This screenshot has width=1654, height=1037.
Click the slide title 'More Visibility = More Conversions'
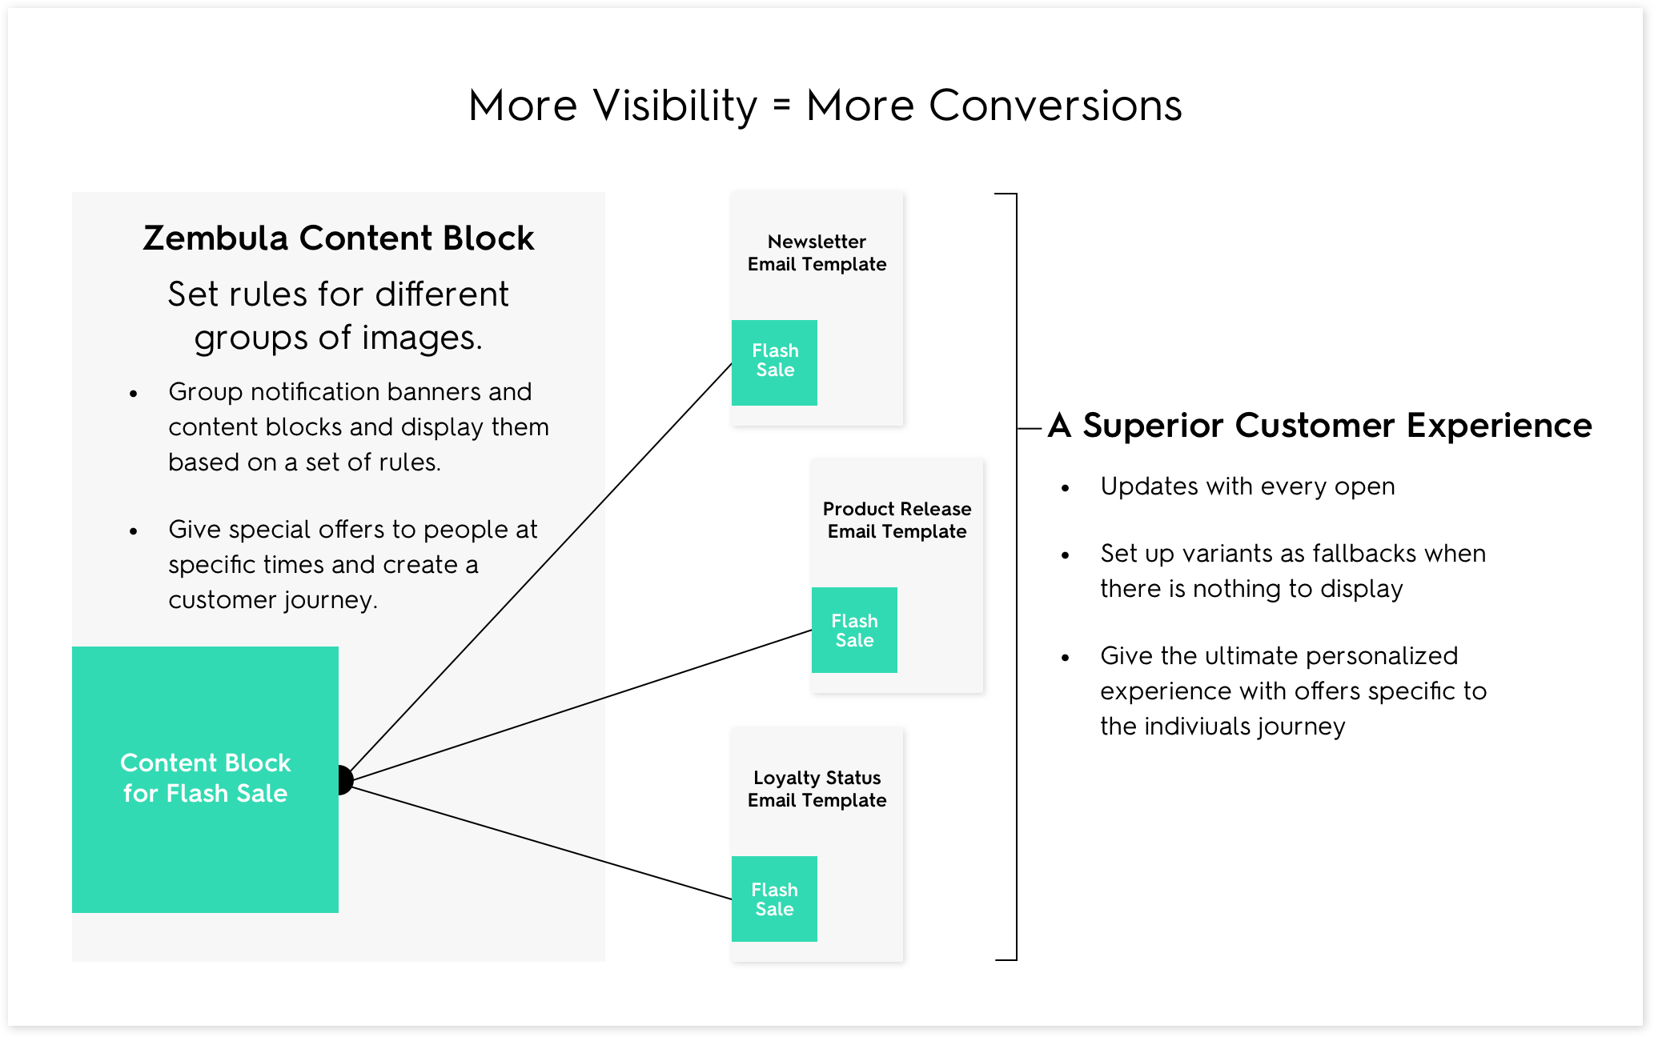(x=825, y=106)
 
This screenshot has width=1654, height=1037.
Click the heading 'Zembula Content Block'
(x=338, y=238)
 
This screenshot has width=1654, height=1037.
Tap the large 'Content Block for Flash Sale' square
(x=205, y=779)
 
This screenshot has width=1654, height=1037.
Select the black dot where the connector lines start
(x=345, y=779)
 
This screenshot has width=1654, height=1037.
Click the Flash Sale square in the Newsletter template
(x=774, y=362)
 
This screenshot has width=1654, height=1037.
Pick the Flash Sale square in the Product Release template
(x=854, y=630)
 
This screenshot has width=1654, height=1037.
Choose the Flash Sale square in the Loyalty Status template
(x=774, y=899)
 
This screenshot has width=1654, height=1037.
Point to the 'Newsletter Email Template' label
(x=817, y=253)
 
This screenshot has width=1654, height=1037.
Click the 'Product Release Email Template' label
(x=897, y=520)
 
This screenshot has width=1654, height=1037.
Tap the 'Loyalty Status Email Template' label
(x=817, y=789)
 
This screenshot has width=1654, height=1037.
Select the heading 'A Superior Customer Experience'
(x=1320, y=426)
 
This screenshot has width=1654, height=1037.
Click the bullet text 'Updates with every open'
(x=1247, y=486)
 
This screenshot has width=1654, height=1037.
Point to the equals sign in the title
(x=782, y=105)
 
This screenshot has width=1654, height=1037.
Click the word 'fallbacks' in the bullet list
(x=1364, y=553)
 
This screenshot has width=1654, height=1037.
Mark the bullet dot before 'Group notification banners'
(x=134, y=393)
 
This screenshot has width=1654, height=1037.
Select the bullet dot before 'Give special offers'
(x=134, y=531)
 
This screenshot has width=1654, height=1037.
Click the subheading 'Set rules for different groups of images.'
(x=338, y=315)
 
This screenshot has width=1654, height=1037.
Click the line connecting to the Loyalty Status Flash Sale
(x=543, y=843)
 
